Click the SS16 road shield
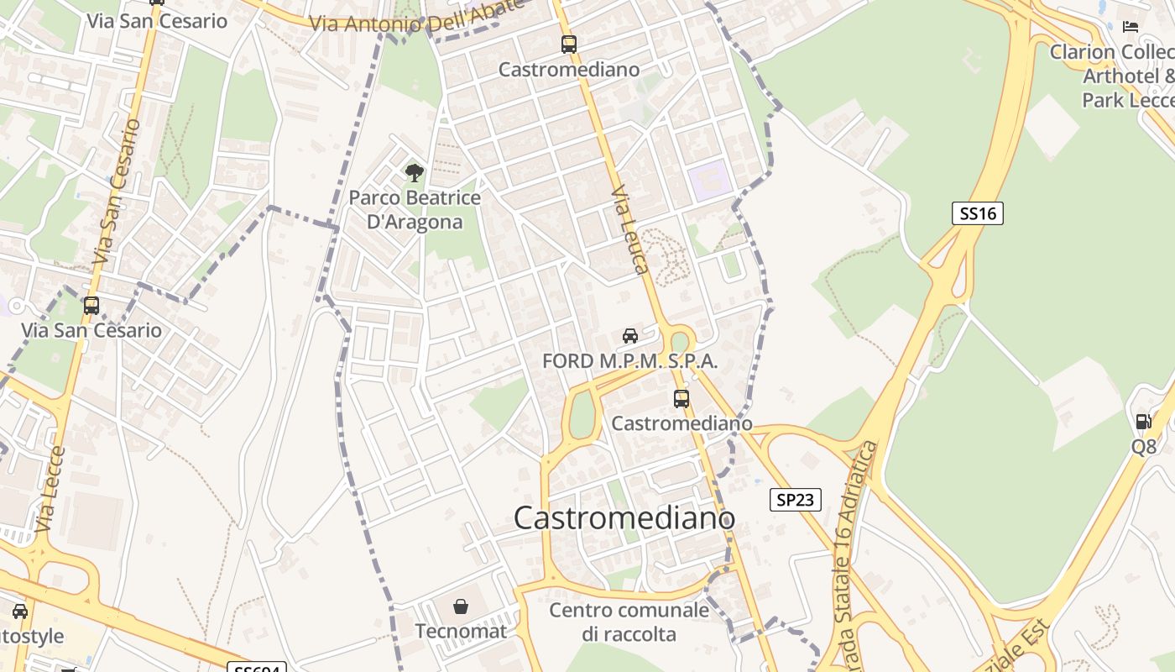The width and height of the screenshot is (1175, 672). click(978, 213)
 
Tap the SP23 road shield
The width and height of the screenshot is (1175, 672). click(795, 500)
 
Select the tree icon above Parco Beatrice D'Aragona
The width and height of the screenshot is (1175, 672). click(414, 173)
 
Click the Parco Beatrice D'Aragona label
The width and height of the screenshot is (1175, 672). click(415, 210)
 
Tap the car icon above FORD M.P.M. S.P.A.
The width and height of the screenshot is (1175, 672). click(629, 336)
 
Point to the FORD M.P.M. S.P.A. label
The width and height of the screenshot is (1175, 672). click(629, 362)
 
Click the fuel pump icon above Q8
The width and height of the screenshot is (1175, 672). click(1143, 422)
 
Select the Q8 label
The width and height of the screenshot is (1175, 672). click(1143, 447)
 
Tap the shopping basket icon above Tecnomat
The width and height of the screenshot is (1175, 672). click(461, 606)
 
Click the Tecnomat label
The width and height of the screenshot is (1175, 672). click(461, 631)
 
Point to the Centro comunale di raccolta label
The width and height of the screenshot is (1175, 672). click(629, 622)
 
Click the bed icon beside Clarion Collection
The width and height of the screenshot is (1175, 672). click(1131, 27)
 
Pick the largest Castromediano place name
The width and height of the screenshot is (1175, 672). click(624, 518)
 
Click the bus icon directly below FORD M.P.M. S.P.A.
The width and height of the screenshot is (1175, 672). click(681, 398)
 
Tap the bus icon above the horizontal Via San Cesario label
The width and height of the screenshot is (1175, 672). click(91, 306)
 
